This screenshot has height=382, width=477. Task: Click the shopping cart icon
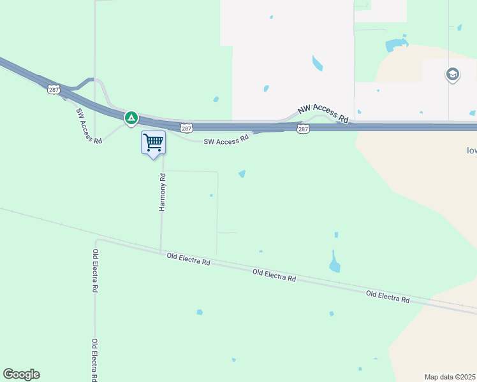click(153, 142)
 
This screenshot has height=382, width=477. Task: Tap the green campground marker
click(131, 118)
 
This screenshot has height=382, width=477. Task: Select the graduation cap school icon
click(453, 74)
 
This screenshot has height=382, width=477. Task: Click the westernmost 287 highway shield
click(54, 90)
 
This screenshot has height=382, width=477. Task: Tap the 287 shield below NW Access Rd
click(303, 129)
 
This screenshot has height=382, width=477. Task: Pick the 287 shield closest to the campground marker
click(186, 128)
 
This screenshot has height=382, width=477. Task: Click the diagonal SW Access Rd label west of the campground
click(89, 125)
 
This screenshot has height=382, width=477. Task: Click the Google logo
click(21, 374)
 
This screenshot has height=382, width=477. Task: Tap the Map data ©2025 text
click(450, 377)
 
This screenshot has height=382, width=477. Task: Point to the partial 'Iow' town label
click(472, 151)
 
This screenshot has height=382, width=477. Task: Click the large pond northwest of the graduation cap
click(396, 45)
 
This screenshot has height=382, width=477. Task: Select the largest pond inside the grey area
click(317, 64)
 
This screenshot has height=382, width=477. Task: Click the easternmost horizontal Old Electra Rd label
click(388, 296)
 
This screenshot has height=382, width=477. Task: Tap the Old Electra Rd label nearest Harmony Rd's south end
click(188, 259)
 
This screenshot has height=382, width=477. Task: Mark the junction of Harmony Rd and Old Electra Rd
click(161, 251)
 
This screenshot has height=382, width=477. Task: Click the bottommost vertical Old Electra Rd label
click(94, 360)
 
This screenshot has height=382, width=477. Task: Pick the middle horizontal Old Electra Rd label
click(274, 276)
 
